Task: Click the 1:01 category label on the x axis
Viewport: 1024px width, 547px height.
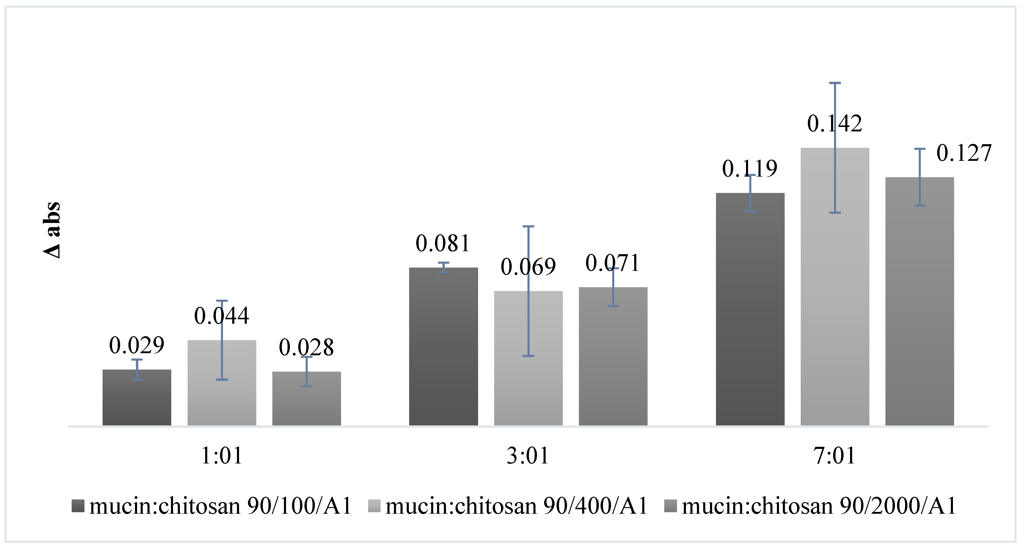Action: (x=222, y=455)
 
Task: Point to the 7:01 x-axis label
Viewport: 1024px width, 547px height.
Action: (x=835, y=455)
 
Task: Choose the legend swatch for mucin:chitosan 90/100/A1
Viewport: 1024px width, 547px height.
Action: (x=78, y=506)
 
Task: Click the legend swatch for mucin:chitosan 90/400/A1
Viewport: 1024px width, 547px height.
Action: (x=374, y=506)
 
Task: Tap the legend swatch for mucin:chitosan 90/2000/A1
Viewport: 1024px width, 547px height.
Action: (x=670, y=506)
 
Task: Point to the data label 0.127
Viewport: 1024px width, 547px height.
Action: (x=964, y=153)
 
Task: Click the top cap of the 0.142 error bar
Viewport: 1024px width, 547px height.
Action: (x=835, y=83)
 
